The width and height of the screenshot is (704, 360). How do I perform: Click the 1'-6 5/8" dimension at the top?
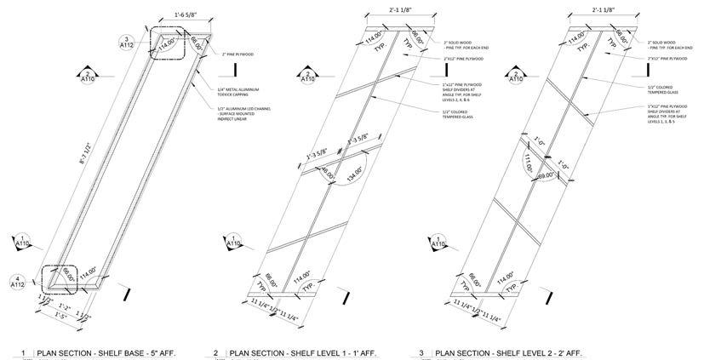click(172, 15)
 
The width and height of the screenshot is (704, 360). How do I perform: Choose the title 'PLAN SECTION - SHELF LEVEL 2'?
click(507, 351)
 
